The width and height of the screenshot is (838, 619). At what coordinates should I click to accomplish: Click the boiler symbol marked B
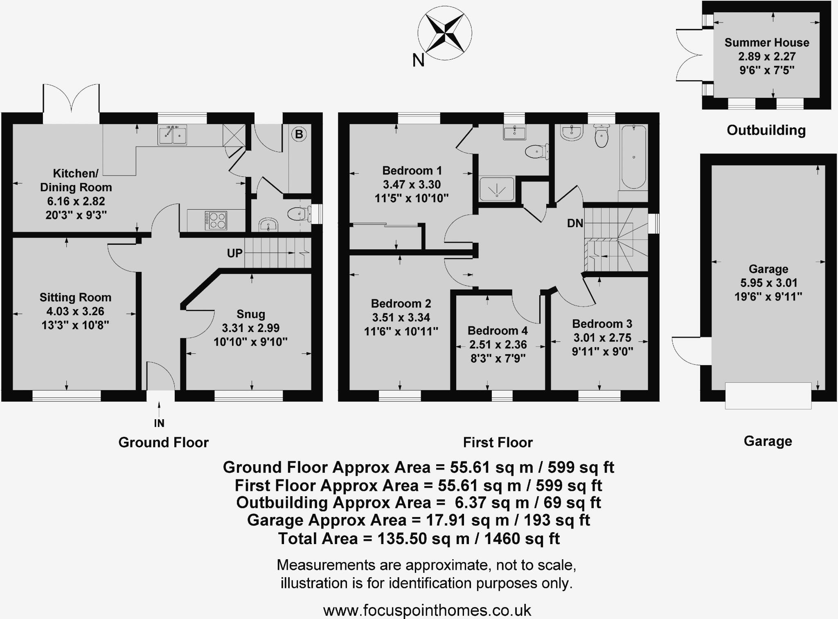click(299, 134)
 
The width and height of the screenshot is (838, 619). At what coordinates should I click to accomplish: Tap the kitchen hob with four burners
click(216, 220)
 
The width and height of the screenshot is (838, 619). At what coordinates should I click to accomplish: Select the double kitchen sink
click(172, 135)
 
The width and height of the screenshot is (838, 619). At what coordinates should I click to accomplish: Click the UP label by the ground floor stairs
click(235, 253)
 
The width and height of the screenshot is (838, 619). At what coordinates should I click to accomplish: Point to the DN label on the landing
click(575, 223)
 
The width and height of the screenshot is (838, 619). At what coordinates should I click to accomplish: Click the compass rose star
click(445, 32)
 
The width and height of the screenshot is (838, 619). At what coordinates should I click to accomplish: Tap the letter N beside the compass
click(418, 61)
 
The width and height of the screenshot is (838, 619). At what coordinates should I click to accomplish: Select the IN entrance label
click(159, 423)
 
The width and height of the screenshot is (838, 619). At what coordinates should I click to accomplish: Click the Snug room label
click(251, 314)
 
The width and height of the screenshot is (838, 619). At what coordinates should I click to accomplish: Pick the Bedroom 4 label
click(498, 330)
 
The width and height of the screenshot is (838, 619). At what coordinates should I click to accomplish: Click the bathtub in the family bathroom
click(633, 157)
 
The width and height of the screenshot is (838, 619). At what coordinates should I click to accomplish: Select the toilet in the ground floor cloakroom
click(299, 213)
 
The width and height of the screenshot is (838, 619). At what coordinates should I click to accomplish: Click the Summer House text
click(767, 43)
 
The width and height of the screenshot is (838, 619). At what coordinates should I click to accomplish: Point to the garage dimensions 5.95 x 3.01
click(768, 283)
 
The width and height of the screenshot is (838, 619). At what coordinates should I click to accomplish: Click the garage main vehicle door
click(768, 395)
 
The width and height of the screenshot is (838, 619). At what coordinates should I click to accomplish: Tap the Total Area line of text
click(419, 538)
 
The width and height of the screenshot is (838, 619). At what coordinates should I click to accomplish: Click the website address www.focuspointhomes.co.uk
click(427, 610)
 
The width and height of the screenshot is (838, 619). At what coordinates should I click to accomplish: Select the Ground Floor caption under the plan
click(163, 442)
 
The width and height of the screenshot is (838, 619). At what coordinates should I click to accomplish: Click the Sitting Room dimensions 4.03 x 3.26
click(75, 311)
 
